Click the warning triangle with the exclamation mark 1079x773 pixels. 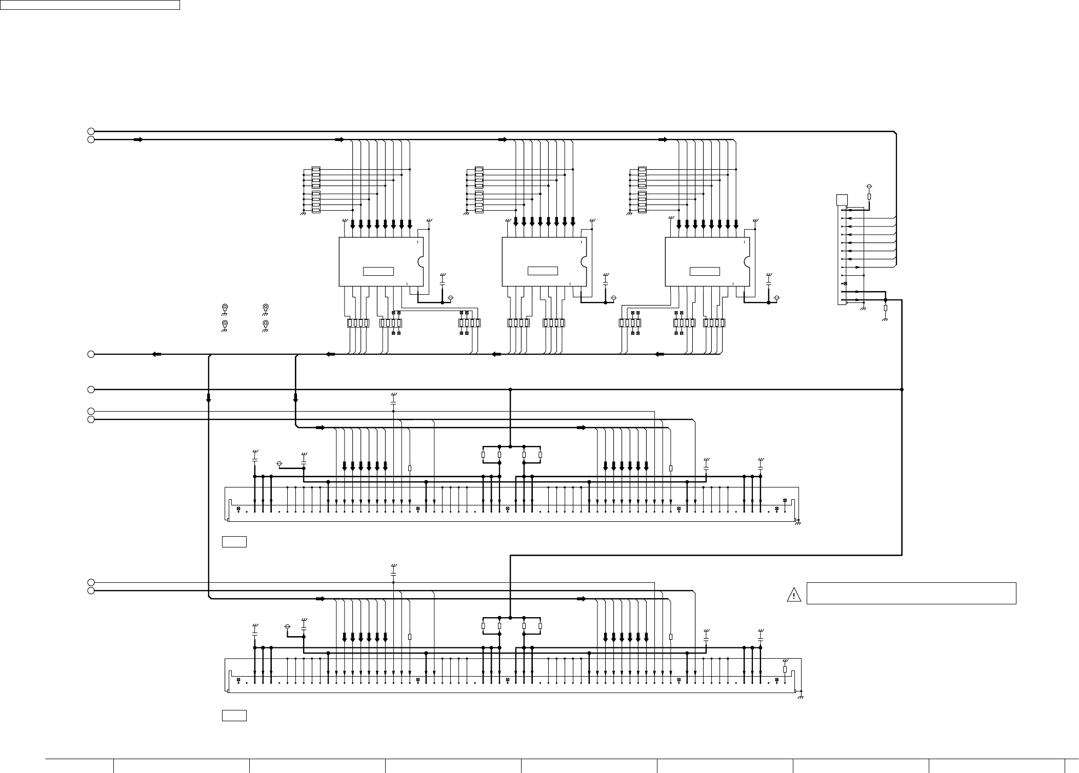(x=793, y=595)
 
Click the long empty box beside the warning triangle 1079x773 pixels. (x=911, y=593)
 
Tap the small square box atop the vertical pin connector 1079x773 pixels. (x=842, y=200)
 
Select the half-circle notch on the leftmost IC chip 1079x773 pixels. (x=422, y=261)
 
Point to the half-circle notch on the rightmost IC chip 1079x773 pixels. (x=748, y=261)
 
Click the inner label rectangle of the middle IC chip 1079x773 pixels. (x=543, y=271)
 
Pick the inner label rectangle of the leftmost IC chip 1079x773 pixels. (x=378, y=271)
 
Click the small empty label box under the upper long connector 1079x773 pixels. (x=234, y=541)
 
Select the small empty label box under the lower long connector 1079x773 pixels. (x=234, y=716)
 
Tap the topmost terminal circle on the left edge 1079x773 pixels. (x=91, y=131)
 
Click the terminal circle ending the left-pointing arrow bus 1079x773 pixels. (x=91, y=354)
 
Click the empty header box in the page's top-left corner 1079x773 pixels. (x=90, y=5)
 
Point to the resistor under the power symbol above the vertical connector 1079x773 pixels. (x=869, y=197)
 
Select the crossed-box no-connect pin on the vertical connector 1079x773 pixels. (x=845, y=283)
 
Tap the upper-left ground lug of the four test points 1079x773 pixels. (x=225, y=307)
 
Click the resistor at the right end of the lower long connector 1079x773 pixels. (x=785, y=669)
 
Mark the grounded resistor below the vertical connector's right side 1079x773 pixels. (x=886, y=309)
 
